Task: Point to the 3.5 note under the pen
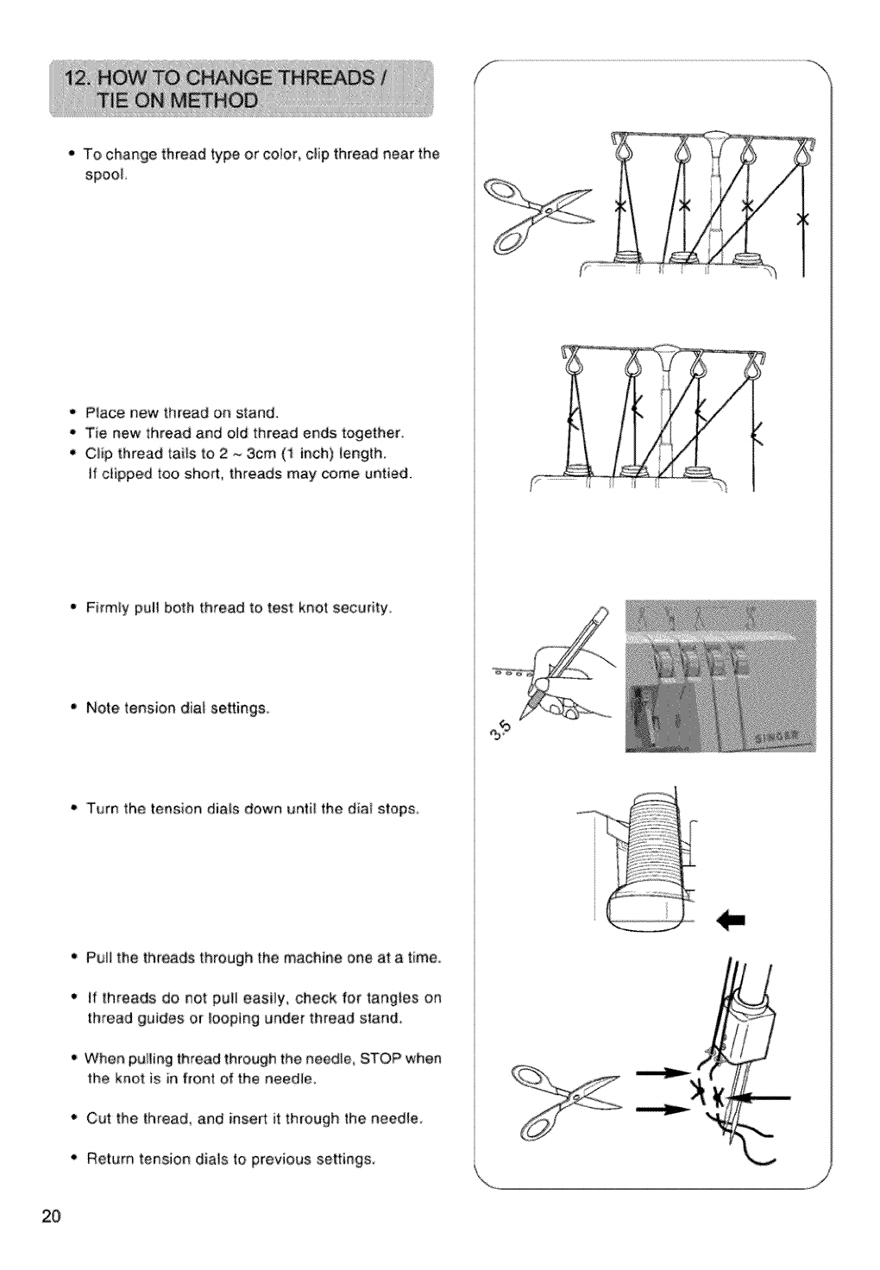click(x=511, y=731)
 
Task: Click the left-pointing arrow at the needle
click(x=759, y=1098)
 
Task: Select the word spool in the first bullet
click(x=106, y=176)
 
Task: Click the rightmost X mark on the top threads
click(x=802, y=217)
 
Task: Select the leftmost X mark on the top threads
click(x=618, y=208)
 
